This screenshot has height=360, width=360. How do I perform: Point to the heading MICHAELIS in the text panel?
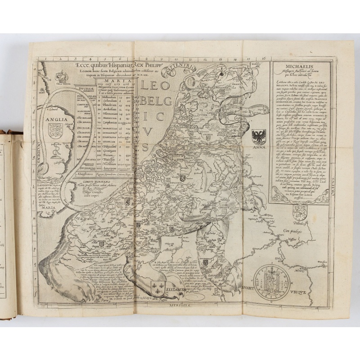[x=300, y=67]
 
